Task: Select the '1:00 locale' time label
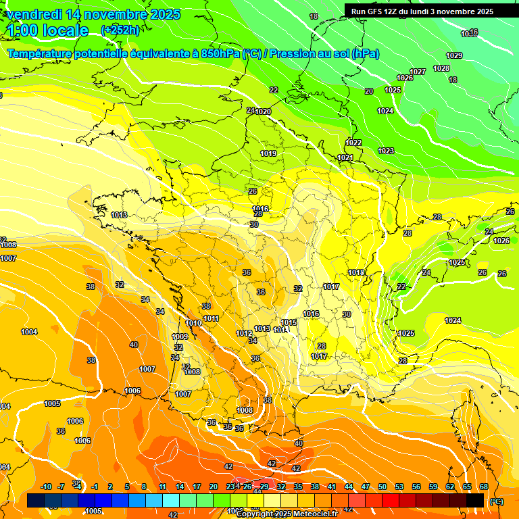pos(48,30)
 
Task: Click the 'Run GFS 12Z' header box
pos(422,11)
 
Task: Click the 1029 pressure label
pos(454,55)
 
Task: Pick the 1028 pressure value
pos(441,68)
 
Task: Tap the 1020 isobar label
pos(263,112)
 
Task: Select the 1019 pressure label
pos(268,153)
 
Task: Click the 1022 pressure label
pos(353,143)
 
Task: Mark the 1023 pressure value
pos(386,151)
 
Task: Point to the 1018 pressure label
pos(356,272)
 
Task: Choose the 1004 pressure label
pos(29,332)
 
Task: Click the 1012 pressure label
pos(244,333)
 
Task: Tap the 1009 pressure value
pos(180,337)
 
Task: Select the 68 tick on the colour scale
pos(484,487)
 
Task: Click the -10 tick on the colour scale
pos(46,487)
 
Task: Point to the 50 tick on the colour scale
pos(382,487)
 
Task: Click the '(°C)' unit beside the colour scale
pos(497,501)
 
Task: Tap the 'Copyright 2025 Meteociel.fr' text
pos(287,514)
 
